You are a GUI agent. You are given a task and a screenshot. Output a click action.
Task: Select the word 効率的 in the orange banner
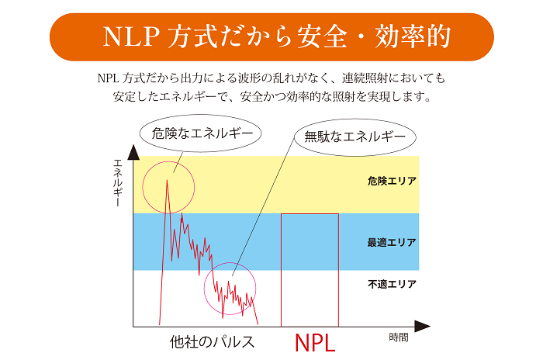[412, 36]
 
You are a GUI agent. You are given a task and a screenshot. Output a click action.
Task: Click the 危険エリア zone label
[392, 181]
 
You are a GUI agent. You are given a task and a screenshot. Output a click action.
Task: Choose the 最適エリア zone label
[392, 243]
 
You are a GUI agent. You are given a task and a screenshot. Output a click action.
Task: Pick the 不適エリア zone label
[392, 284]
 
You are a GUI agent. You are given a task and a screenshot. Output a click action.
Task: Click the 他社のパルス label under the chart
[213, 341]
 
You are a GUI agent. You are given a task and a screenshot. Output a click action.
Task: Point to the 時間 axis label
[398, 338]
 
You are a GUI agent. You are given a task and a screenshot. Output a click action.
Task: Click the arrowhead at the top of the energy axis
[133, 149]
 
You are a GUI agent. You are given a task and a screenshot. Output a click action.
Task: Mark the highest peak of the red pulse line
[168, 180]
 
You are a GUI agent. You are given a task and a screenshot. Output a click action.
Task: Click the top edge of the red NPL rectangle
[310, 213]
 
